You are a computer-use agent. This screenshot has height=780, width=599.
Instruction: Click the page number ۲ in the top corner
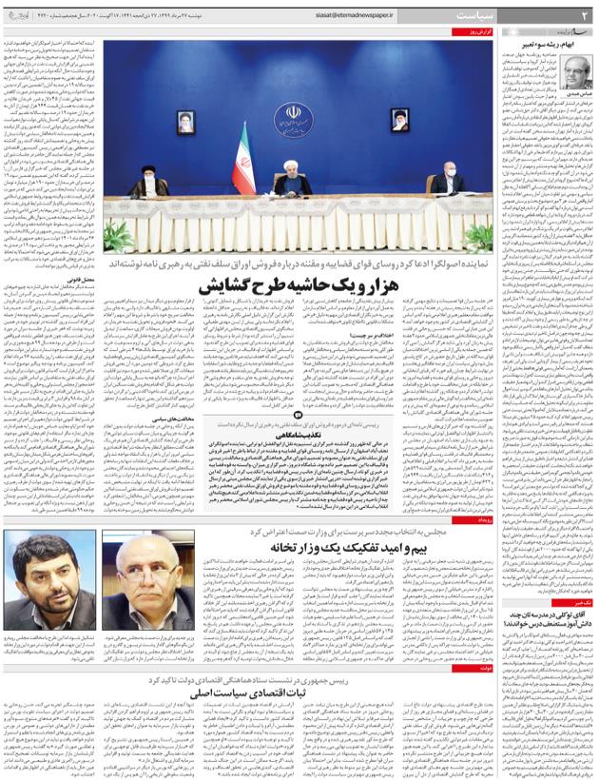tap(585, 14)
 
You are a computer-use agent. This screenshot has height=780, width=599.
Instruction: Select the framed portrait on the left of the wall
tap(185, 121)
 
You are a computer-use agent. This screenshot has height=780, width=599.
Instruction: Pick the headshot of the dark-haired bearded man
tap(48, 579)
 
